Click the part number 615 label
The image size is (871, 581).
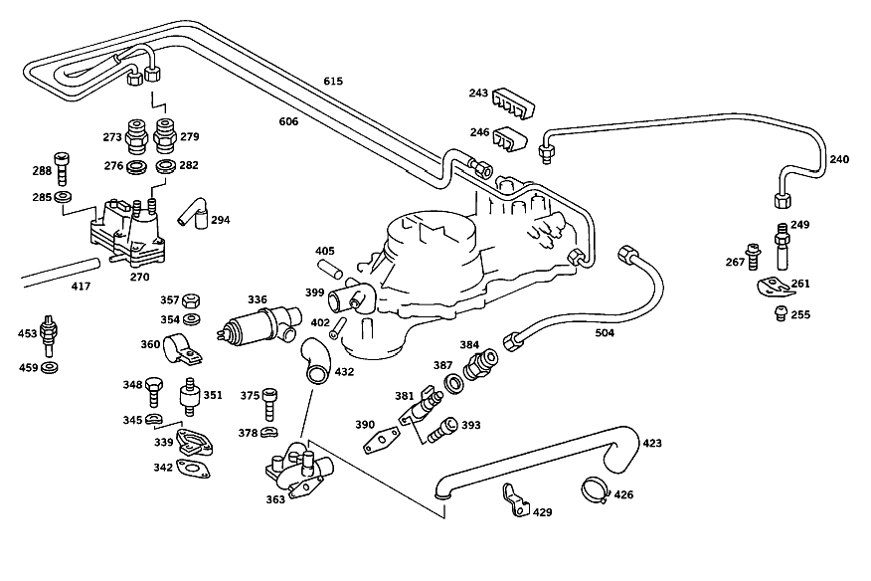tap(333, 82)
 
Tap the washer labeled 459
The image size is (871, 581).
tap(50, 367)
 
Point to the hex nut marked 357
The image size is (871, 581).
tap(191, 300)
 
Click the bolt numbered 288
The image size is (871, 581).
tap(62, 168)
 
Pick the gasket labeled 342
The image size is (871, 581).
tap(193, 469)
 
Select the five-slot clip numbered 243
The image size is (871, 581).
tap(513, 102)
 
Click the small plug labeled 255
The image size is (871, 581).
tap(781, 313)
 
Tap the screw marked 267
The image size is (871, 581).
tap(753, 257)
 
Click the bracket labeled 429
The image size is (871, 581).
tap(515, 499)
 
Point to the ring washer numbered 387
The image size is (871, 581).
tap(454, 384)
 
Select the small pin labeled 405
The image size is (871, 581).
tap(329, 270)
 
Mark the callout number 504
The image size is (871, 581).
tap(605, 333)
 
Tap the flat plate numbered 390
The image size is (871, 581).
tap(381, 441)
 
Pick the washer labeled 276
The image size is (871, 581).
tap(134, 166)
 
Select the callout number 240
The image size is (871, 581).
tap(839, 159)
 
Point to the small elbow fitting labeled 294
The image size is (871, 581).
tap(193, 212)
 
